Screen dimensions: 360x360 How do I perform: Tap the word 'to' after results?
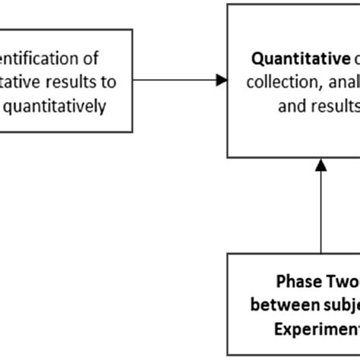pyautogui.click(x=109, y=82)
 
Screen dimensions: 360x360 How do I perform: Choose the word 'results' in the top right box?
pyautogui.click(x=334, y=105)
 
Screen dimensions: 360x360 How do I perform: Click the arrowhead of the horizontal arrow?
pyautogui.click(x=222, y=80)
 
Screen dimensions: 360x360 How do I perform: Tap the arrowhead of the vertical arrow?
pyautogui.click(x=321, y=163)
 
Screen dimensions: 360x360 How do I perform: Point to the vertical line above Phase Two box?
pyautogui.click(x=321, y=213)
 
